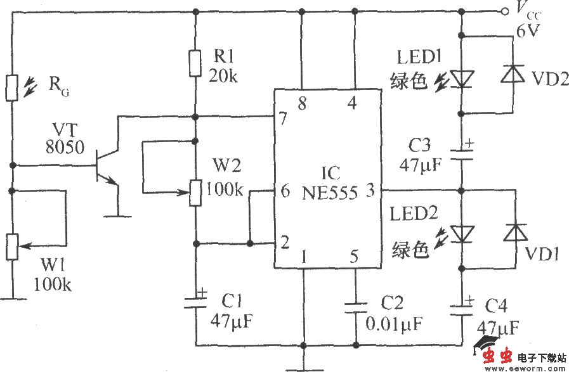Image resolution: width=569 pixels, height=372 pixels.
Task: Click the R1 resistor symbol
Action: tap(196, 61)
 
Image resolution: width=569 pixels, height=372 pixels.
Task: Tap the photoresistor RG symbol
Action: tap(11, 87)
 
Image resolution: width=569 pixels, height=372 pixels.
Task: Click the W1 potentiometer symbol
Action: tap(11, 247)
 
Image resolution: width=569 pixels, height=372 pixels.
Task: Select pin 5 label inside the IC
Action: tap(354, 257)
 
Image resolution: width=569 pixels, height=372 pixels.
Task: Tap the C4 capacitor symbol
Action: tap(462, 305)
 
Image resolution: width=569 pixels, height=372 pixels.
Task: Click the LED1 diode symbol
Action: tap(462, 77)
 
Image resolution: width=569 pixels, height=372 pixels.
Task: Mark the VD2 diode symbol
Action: tap(513, 75)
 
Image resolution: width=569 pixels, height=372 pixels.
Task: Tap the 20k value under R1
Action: tap(223, 76)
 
